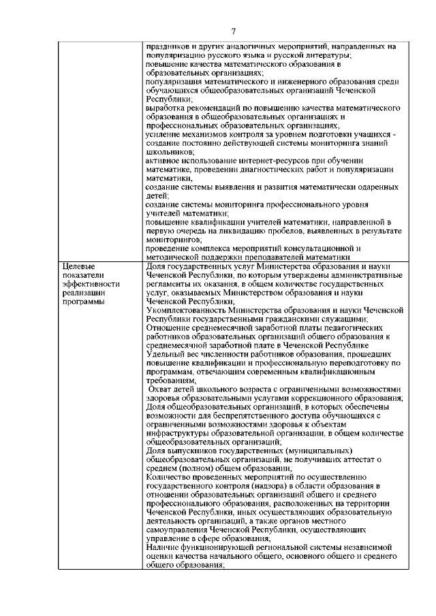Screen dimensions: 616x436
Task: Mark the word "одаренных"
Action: pyautogui.click(x=375, y=187)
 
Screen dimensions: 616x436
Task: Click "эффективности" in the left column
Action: pyautogui.click(x=90, y=285)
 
